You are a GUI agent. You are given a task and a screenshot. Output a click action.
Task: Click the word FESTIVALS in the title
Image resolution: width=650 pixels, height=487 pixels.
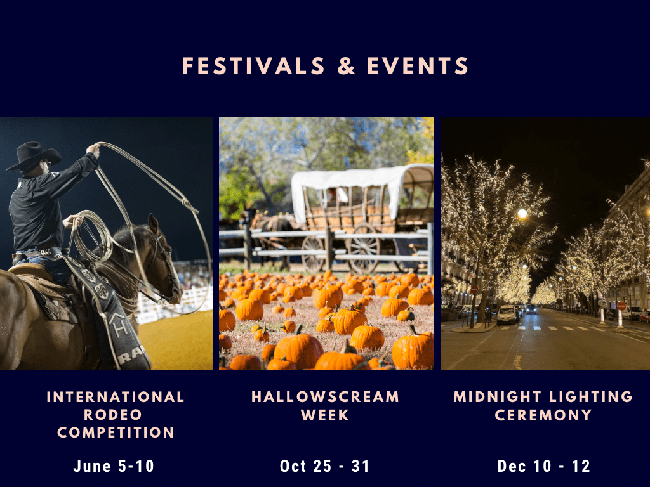coord(253,66)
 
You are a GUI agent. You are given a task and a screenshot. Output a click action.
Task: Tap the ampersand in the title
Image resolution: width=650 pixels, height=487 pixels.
coord(346,66)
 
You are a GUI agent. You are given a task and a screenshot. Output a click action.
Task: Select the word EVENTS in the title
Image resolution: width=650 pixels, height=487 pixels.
coord(418,66)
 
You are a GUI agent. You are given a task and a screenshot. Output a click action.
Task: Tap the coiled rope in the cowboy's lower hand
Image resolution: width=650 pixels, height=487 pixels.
coord(89,236)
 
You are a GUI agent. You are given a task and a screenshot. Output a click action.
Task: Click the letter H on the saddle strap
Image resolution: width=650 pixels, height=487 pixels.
coord(120,328)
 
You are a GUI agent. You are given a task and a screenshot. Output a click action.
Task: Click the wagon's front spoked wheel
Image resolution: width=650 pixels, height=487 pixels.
coord(314,254)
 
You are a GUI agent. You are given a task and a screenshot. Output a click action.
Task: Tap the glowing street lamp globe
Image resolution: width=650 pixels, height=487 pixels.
coord(522,214)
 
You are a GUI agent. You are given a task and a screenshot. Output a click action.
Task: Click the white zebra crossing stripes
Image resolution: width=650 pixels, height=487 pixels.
coord(552,328)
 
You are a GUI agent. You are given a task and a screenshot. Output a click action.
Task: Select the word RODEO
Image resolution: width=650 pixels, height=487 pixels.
coord(113,415)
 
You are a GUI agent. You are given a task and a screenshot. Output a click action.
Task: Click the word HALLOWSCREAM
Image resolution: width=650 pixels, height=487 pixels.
coord(326,397)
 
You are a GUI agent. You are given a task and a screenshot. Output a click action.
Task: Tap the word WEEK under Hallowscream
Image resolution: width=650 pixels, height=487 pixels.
coord(326,415)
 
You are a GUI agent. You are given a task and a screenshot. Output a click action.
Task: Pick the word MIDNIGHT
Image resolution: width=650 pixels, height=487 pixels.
coord(498,397)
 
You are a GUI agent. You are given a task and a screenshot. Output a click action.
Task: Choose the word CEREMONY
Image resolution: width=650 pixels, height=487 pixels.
coord(543,415)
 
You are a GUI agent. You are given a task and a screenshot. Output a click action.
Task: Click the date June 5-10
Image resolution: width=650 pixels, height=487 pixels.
coord(114,466)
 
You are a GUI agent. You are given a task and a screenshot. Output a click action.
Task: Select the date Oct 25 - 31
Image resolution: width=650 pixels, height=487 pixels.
coord(325,466)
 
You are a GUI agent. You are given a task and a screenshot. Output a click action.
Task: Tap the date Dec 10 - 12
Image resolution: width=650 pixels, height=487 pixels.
coord(543,466)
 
